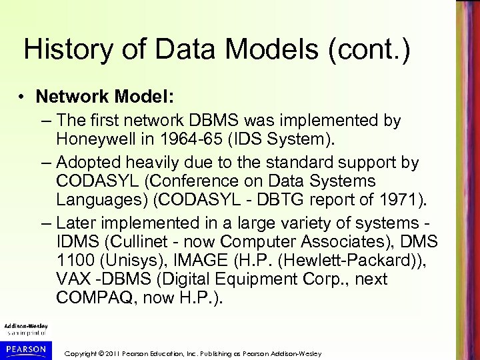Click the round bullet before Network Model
(22, 97)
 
